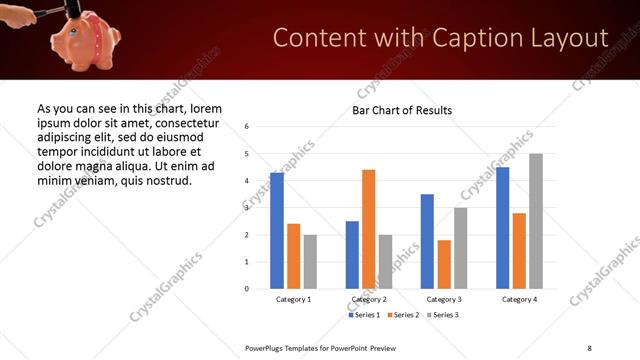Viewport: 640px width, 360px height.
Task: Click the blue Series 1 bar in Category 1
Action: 277,231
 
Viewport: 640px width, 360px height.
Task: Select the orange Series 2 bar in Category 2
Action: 368,229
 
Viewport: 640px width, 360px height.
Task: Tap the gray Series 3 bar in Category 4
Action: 536,221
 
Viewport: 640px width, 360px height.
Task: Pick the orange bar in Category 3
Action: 444,264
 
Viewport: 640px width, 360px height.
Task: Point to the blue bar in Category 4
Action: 503,228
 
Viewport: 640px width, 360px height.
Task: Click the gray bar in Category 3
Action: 461,248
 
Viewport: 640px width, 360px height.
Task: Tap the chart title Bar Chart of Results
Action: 402,110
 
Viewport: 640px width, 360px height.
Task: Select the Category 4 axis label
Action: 519,299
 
